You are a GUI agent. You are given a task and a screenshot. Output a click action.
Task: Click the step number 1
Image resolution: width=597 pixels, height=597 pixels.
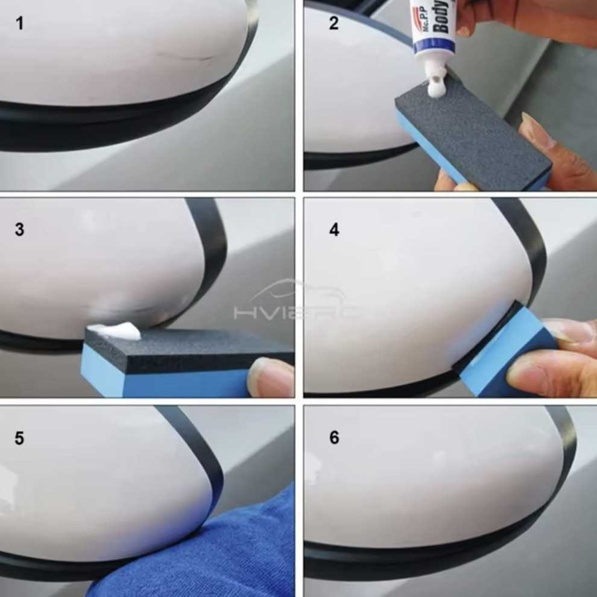(20, 24)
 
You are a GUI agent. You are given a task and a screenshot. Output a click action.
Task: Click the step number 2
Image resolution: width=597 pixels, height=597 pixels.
(334, 24)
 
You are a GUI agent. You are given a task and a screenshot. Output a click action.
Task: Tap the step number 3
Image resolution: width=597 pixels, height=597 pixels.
(20, 230)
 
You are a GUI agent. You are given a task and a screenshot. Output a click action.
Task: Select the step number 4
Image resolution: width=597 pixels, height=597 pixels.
(334, 230)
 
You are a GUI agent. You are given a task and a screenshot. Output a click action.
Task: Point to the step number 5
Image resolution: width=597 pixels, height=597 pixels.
(20, 438)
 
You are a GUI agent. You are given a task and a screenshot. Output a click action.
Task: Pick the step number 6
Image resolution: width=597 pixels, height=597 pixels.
(334, 438)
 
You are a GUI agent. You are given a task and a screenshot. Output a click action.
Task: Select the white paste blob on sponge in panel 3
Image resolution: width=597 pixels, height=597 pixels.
(115, 330)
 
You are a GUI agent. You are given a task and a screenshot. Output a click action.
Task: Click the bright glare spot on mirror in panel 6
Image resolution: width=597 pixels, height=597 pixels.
(314, 467)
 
